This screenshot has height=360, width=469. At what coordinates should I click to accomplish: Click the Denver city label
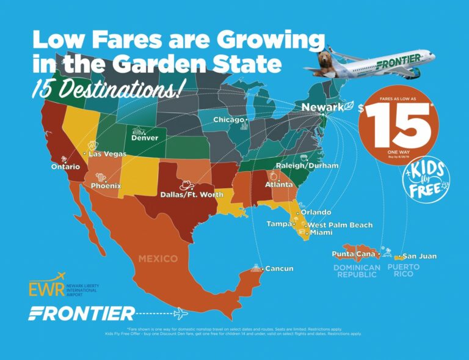(145, 138)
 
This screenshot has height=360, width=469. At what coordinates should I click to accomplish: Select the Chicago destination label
(228, 120)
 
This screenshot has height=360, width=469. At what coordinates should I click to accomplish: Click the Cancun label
(279, 268)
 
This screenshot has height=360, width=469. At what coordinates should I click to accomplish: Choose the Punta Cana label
(353, 254)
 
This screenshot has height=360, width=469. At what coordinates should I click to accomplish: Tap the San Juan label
(420, 256)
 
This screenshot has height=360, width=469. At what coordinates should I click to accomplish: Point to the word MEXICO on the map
(158, 259)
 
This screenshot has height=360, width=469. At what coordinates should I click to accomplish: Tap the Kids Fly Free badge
(426, 177)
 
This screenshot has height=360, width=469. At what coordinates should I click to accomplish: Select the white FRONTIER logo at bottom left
(82, 314)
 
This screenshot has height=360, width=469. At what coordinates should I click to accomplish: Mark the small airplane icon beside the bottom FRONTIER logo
(181, 314)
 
